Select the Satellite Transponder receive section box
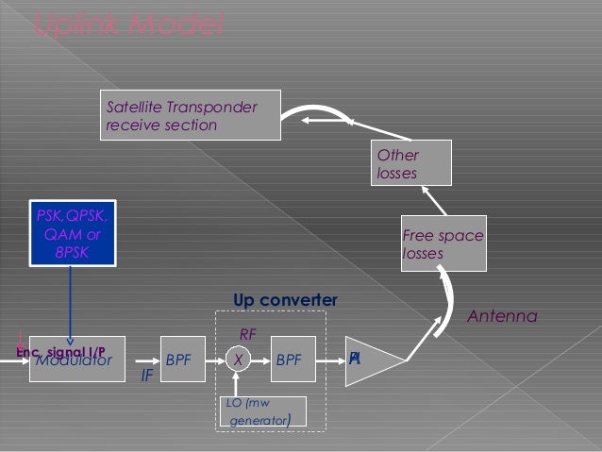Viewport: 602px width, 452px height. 192,115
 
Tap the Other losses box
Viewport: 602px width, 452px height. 412,162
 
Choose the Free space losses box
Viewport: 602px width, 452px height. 443,244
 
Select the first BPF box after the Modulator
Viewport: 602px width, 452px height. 178,360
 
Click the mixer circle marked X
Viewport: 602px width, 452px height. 239,360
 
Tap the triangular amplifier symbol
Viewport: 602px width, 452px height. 370,360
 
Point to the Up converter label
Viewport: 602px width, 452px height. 285,300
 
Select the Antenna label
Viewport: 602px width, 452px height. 502,317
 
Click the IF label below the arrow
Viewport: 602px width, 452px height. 146,376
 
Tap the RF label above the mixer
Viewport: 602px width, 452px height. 248,333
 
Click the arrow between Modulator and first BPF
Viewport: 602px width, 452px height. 142,360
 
